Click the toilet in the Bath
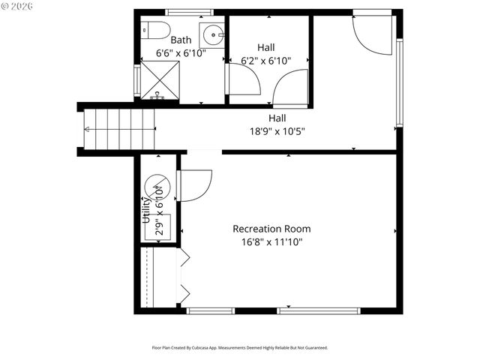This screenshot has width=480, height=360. point(157,30)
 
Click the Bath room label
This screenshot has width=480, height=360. point(181,40)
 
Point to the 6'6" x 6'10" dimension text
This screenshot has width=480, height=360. point(181,53)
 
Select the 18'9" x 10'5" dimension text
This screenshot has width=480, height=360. point(277,130)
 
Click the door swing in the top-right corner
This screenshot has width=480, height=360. point(372,34)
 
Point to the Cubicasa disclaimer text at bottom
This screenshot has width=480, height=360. point(240,347)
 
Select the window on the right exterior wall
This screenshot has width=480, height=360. point(400,82)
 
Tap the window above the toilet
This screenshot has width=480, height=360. point(188,12)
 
